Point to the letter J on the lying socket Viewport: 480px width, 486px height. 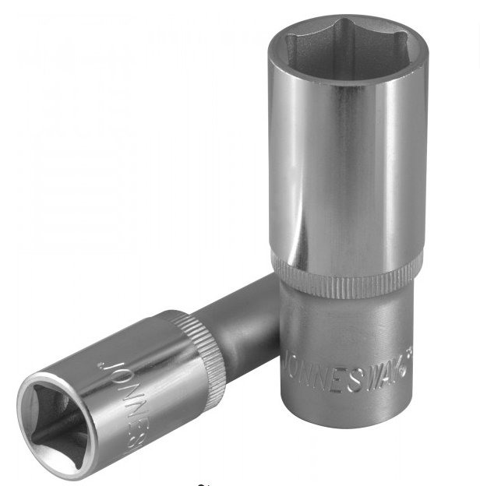coord(103,364)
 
